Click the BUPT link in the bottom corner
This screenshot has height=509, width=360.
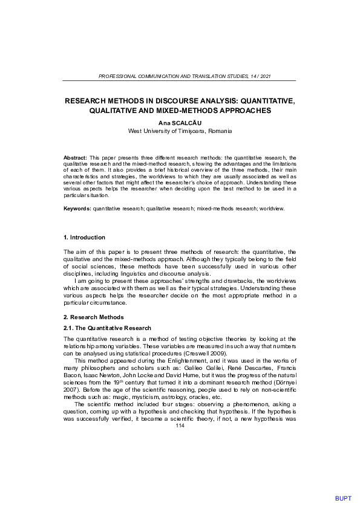coord(342,499)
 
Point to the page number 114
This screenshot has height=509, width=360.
coord(179,426)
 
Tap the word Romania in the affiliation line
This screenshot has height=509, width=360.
coord(219,131)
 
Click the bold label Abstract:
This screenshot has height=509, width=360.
coord(76,157)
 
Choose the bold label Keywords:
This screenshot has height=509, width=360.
coord(77,208)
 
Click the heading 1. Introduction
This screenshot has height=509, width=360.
coord(84,238)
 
